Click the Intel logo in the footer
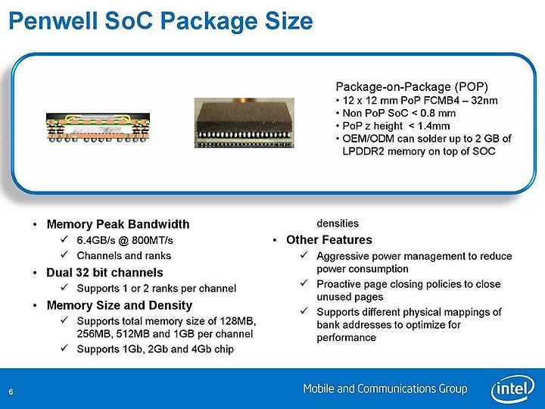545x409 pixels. click(x=512, y=389)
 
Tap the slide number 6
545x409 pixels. click(x=11, y=392)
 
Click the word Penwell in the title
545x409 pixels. click(x=53, y=20)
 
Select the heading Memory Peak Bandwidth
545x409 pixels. click(x=118, y=224)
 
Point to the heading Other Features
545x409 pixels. click(x=329, y=240)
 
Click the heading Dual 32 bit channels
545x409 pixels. click(x=104, y=273)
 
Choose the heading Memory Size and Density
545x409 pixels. click(x=120, y=305)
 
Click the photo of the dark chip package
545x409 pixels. click(x=244, y=123)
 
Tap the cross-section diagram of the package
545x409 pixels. click(x=98, y=127)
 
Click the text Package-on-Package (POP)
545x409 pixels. click(x=412, y=86)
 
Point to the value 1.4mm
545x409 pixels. click(x=434, y=126)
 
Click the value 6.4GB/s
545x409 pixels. click(x=95, y=240)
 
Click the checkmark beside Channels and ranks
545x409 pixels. click(x=64, y=255)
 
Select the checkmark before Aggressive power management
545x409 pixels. click(x=304, y=255)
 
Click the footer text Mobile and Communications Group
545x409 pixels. click(x=385, y=389)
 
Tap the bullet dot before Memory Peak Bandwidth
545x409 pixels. click(x=35, y=225)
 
